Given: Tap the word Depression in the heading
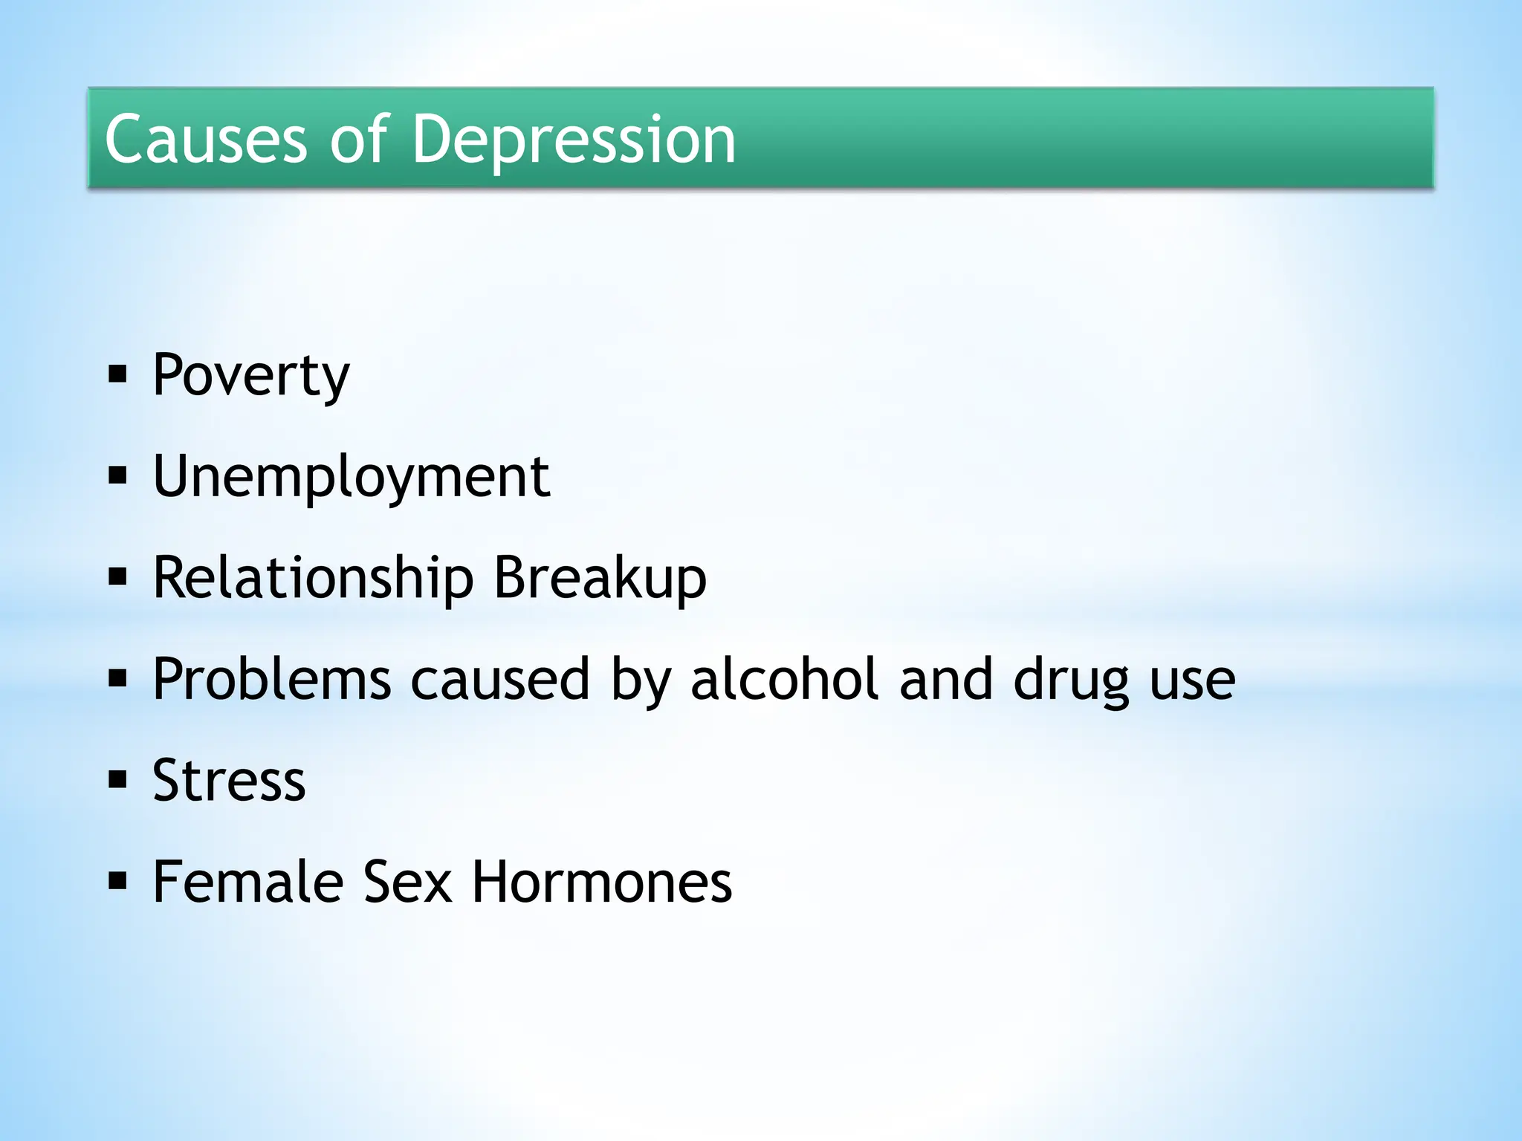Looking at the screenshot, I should click(x=573, y=139).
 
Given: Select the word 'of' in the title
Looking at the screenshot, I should click(x=360, y=139).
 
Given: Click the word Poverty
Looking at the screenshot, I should click(x=250, y=375).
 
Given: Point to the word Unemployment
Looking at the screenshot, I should click(x=351, y=477).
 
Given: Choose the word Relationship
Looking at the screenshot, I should click(x=313, y=578).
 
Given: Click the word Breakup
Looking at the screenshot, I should click(x=600, y=578).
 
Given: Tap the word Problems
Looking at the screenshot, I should click(x=272, y=679).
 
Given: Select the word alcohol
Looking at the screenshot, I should click(x=785, y=679).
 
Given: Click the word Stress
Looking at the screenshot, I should click(x=229, y=781).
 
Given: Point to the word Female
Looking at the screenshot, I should click(x=248, y=882).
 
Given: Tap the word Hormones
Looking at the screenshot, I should click(x=602, y=882).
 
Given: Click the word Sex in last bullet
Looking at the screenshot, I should click(x=407, y=882).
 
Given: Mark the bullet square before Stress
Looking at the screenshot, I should click(x=117, y=780).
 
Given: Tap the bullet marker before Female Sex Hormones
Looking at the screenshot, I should click(x=117, y=881).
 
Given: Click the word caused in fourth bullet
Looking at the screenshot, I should click(x=500, y=679).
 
